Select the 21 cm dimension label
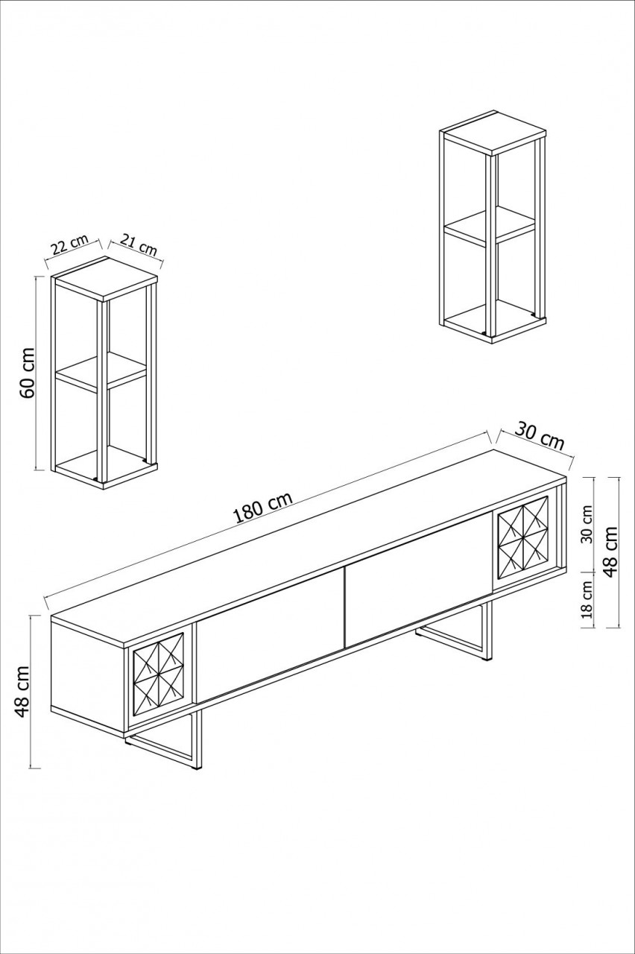[x=138, y=245]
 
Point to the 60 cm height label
[x=27, y=373]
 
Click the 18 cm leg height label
[x=587, y=600]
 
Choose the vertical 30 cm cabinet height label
[x=587, y=525]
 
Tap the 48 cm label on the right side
[x=611, y=552]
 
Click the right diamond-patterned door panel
[x=522, y=535]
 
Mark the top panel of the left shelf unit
[x=104, y=277]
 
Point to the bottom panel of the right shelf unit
[x=492, y=320]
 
